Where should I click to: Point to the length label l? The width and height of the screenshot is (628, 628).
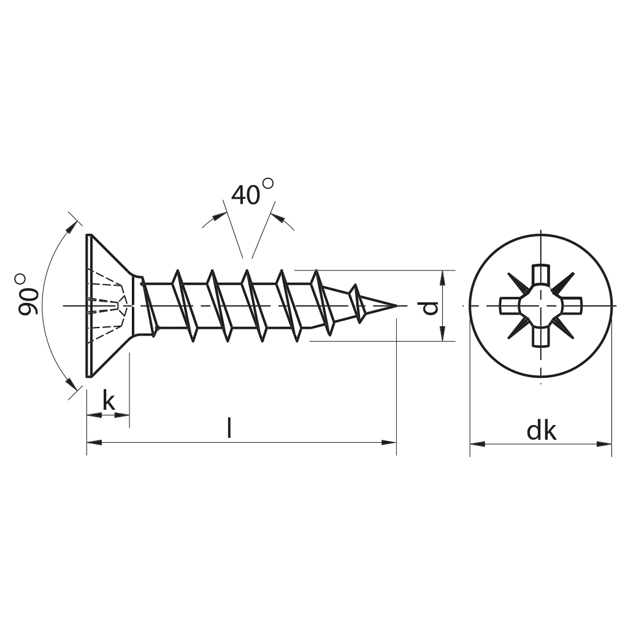(229, 427)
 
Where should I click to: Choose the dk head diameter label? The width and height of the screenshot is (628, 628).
(542, 431)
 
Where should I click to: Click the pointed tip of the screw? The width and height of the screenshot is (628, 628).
(397, 306)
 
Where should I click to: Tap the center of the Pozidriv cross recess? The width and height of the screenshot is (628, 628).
(541, 306)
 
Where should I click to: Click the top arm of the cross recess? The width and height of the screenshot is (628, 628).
(540, 275)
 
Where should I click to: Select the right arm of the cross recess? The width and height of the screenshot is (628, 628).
(572, 306)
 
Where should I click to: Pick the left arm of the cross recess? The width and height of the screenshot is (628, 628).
(510, 306)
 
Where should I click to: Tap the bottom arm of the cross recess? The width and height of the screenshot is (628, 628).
(540, 337)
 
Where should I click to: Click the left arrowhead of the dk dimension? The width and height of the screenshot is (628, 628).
(477, 444)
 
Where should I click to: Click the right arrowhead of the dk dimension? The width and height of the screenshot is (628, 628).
(604, 444)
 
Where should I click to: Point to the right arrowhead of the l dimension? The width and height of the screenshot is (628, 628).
(389, 443)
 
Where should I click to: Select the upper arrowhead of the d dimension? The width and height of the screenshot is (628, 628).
(442, 278)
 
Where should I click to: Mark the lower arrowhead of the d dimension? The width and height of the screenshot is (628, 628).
(442, 334)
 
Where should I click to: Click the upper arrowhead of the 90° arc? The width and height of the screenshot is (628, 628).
(71, 227)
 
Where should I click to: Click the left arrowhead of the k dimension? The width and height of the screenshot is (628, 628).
(94, 415)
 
